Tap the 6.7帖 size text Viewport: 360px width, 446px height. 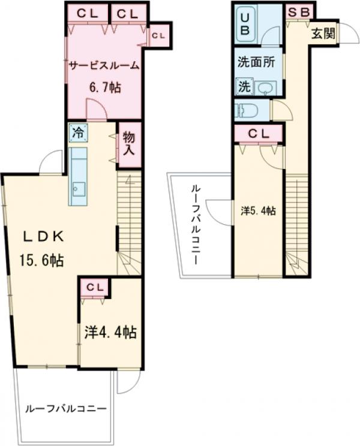point(105,88)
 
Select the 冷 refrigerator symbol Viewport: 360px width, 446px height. point(78,132)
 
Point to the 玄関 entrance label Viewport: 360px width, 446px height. point(323,34)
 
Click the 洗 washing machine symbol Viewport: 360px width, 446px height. point(244,86)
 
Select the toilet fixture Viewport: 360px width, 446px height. point(247,110)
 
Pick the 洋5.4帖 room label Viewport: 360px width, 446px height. point(258,211)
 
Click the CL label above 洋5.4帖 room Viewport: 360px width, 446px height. point(258,134)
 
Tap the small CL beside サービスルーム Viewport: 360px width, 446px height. point(158,35)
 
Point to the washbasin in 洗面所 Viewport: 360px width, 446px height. point(265,88)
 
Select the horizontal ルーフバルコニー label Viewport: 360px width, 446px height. point(66,409)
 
